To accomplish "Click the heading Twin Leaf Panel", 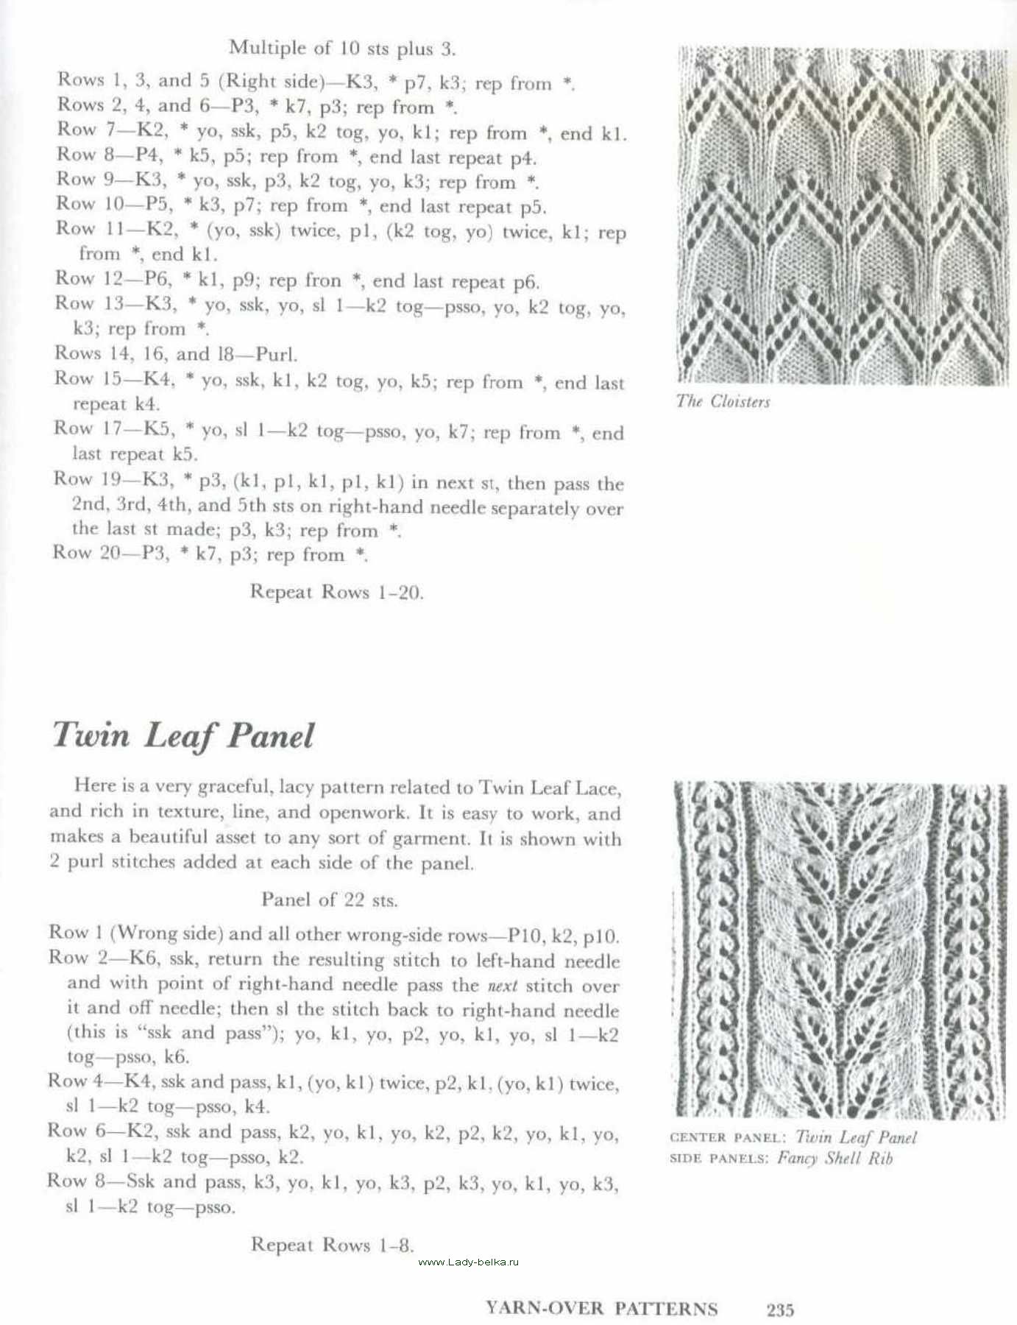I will pos(183,735).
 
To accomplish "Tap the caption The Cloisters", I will pos(723,401).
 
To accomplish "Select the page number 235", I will pos(780,1310).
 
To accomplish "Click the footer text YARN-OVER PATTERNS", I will pos(601,1308).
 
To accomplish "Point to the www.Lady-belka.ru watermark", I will pos(468,1262).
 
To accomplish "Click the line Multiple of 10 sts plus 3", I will pos(342,49).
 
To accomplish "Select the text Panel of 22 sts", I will pos(329,899).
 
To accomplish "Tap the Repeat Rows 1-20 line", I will pos(336,592).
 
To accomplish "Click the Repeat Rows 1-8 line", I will pos(333,1245).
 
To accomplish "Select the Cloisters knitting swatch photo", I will pos(842,216).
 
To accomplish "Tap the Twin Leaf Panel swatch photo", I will pos(839,951).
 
